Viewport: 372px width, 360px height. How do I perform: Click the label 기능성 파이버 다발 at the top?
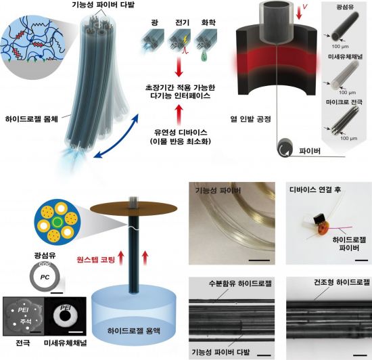103,5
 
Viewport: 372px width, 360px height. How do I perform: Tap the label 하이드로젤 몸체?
32,118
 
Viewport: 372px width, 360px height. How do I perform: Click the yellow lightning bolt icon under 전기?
185,39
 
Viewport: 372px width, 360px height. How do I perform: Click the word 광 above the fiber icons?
154,22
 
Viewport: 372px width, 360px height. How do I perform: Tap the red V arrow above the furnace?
300,14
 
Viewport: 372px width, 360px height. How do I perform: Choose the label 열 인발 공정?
250,118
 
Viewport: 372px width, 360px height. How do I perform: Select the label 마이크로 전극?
344,102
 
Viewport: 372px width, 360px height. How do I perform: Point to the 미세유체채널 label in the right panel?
345,56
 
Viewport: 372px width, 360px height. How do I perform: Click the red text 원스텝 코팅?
96,260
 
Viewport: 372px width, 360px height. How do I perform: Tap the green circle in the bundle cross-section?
57,223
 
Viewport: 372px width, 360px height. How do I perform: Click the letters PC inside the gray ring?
45,277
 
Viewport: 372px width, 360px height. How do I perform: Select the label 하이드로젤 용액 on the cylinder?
134,331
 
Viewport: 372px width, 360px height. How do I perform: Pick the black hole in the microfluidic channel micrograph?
65,316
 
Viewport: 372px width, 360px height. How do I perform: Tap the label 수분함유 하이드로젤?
240,284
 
